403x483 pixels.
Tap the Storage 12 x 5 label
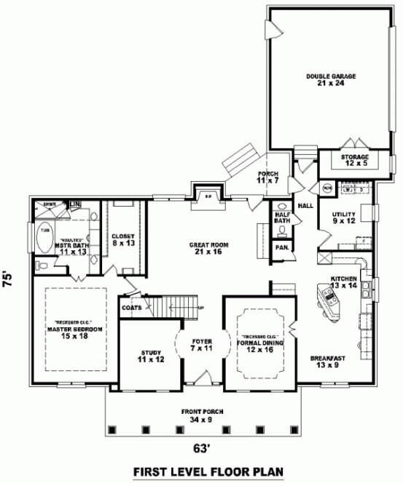pos(354,160)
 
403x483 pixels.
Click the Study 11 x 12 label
pos(150,356)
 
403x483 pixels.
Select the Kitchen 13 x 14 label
pos(344,282)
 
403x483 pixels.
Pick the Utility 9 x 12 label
pos(343,217)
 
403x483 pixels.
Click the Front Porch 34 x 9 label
pos(202,415)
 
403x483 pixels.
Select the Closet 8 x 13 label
pos(122,239)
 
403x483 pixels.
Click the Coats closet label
pos(132,307)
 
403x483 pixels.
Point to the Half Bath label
pos(281,217)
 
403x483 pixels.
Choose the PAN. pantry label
pos(281,248)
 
